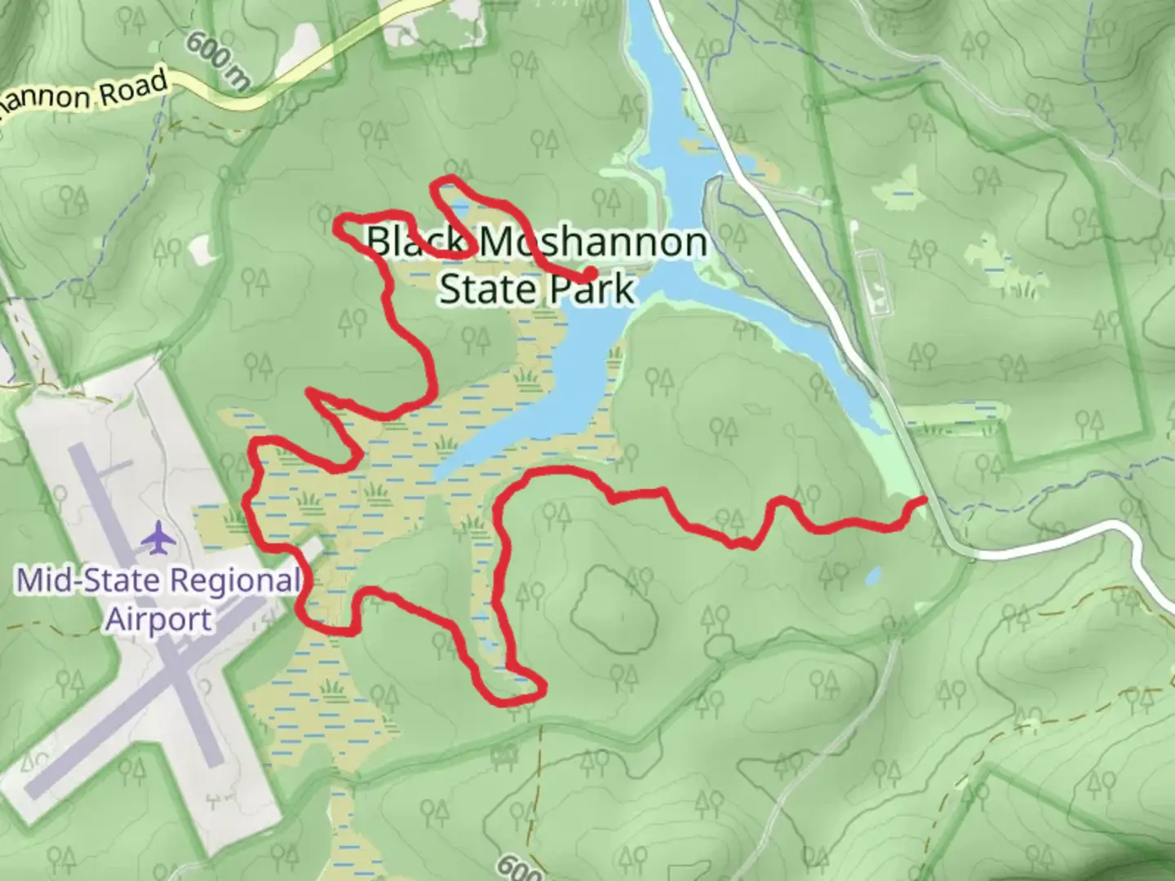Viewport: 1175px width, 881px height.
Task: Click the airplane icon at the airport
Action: [159, 538]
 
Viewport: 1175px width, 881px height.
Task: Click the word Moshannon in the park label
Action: [592, 242]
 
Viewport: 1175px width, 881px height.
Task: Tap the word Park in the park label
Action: [592, 288]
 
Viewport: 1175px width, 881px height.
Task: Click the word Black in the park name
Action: [416, 242]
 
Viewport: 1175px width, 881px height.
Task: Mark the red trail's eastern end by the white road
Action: [924, 498]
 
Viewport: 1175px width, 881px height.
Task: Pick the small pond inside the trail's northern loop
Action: [459, 203]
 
